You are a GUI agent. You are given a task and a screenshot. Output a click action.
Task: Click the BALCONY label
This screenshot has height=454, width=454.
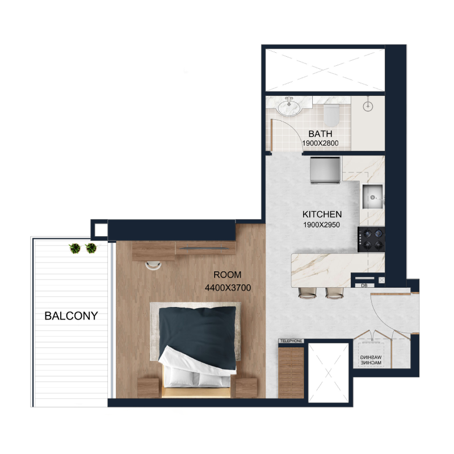[x=71, y=316]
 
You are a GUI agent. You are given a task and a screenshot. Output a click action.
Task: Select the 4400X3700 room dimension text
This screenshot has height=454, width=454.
[x=228, y=288]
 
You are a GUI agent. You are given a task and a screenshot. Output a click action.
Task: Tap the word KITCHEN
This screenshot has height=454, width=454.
[x=322, y=215]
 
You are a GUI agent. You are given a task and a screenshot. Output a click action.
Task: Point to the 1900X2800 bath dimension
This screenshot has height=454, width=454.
[x=320, y=144]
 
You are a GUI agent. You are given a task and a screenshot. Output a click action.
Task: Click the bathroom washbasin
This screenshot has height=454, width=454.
[x=289, y=106]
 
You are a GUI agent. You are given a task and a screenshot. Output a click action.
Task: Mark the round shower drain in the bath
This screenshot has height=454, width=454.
[x=367, y=104]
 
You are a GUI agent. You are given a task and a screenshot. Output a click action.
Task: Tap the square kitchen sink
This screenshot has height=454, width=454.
[x=372, y=196]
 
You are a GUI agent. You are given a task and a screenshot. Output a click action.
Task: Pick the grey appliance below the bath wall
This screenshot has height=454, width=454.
[x=325, y=170]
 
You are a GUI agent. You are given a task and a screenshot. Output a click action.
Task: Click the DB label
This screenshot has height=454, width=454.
[x=364, y=285]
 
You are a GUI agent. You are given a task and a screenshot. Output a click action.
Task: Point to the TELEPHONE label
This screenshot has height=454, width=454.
[x=291, y=340]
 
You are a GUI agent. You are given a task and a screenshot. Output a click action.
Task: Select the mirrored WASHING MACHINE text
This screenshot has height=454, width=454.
[x=371, y=359]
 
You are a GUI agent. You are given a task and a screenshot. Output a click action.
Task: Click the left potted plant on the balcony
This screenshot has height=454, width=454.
[x=74, y=248]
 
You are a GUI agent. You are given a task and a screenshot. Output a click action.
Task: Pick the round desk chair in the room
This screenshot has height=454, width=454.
[x=152, y=265]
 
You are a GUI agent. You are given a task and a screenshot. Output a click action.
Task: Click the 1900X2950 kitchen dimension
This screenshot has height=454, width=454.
[x=322, y=225]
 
